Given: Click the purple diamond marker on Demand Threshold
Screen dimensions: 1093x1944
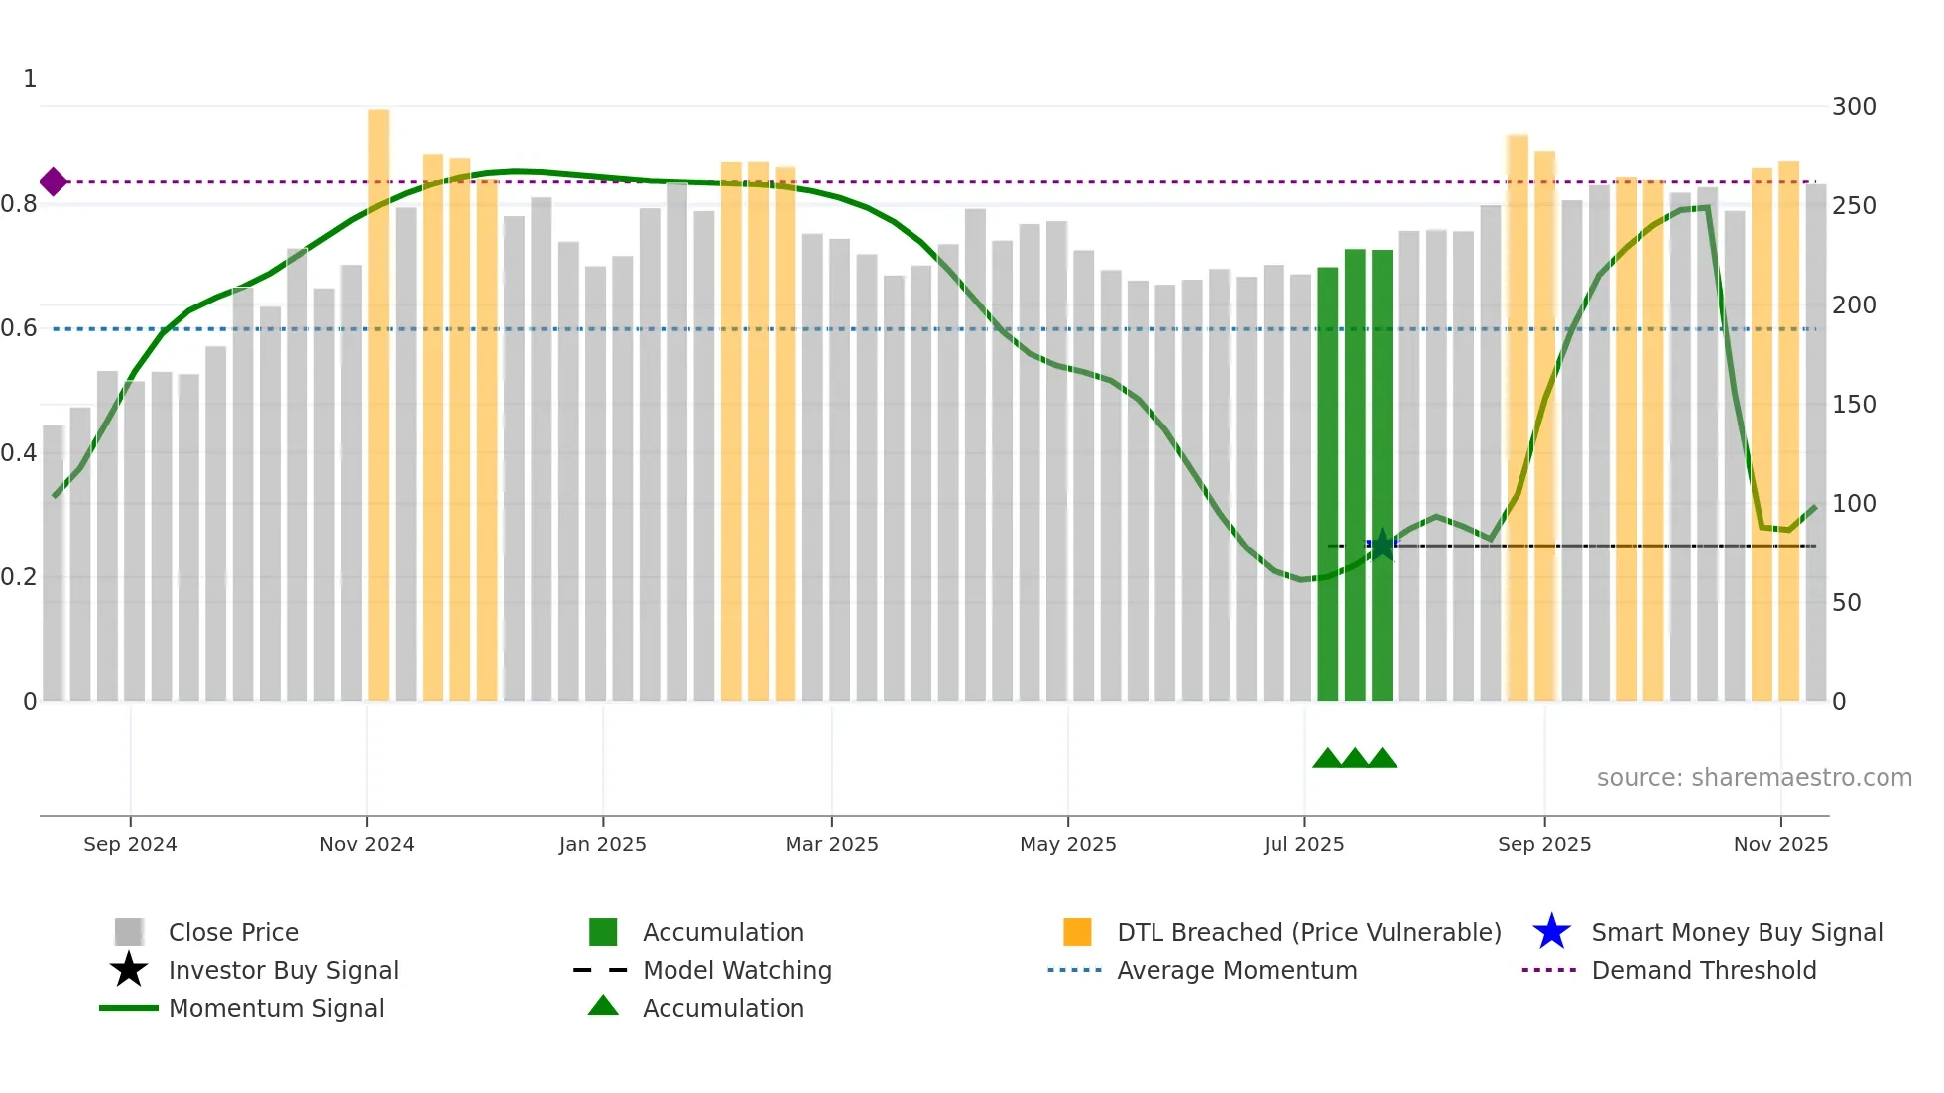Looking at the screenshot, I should tap(54, 182).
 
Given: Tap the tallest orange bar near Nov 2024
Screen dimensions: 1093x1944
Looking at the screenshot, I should tap(378, 397).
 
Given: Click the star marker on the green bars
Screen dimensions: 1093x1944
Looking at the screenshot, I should tap(1382, 545).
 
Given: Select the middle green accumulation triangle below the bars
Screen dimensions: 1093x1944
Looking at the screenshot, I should tap(1355, 759).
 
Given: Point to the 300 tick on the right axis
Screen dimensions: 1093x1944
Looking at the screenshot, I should tap(1853, 107).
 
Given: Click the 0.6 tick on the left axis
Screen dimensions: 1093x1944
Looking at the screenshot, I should tap(19, 328).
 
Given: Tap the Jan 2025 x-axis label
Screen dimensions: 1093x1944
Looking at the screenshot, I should tap(602, 844).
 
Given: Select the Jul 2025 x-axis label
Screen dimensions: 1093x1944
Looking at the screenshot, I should tap(1303, 844).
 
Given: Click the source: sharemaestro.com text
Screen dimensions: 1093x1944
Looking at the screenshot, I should tap(1754, 778).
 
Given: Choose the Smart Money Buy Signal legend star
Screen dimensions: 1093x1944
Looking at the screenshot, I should tap(1551, 932).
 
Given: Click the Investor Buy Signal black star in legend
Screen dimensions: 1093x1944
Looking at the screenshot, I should tap(129, 970).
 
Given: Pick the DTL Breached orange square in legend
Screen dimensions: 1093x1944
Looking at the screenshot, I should tap(1077, 932).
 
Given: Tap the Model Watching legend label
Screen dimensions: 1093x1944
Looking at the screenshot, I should tap(737, 970).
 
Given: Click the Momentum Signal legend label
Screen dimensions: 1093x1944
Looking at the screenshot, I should tap(276, 1008).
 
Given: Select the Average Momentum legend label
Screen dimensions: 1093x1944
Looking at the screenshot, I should tap(1237, 970).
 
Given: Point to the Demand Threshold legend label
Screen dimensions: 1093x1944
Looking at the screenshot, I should tap(1703, 970).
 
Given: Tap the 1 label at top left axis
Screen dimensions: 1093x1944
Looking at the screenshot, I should tap(30, 79).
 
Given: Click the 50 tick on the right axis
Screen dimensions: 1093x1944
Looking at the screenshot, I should tap(1846, 603).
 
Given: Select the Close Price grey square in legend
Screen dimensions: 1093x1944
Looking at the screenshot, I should tap(129, 932).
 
